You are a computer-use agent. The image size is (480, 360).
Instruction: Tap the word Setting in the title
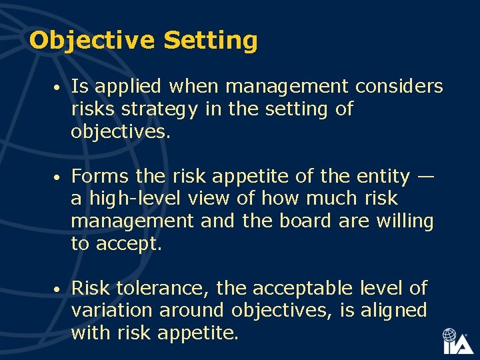tap(211, 41)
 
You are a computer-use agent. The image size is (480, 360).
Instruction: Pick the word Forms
tap(100, 176)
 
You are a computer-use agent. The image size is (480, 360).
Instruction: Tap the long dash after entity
tap(425, 177)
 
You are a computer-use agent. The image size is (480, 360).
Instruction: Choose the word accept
tap(129, 244)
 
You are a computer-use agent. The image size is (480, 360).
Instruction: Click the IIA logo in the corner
tap(457, 341)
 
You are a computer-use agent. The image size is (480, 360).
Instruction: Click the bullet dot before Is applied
tap(59, 88)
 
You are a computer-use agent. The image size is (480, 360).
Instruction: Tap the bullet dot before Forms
tap(59, 178)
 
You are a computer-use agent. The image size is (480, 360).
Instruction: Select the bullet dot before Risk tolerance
tap(59, 290)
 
